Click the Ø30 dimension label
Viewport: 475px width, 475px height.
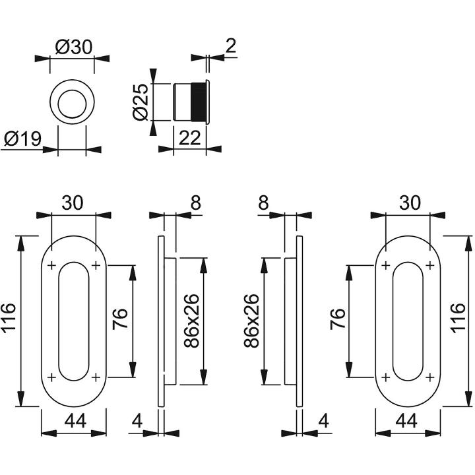(74, 47)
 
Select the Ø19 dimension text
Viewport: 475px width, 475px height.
(23, 139)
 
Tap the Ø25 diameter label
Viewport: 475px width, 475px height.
(141, 102)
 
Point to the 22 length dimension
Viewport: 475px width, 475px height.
(189, 138)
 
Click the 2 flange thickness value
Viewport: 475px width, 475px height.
(231, 46)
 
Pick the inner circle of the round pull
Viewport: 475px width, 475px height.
(72, 104)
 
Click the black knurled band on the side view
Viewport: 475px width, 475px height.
(198, 102)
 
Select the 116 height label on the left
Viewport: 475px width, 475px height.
(9, 318)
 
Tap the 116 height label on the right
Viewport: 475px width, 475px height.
(458, 318)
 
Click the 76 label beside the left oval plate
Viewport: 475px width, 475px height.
(119, 319)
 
